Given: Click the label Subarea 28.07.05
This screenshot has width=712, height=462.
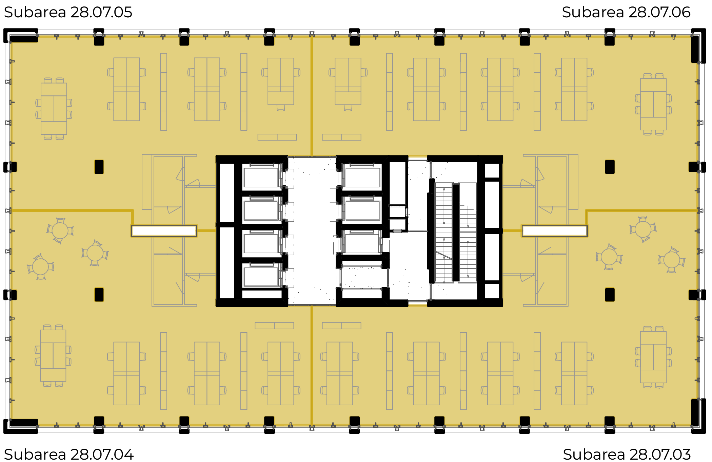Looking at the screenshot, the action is pos(68,13).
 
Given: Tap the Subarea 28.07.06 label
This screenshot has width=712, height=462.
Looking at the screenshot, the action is pos(626,13).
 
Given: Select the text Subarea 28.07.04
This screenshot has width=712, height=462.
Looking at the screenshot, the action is pos(68,454).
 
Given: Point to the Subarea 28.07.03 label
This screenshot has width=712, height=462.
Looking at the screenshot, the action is pos(627,454).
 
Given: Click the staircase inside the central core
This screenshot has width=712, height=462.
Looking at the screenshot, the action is pos(456,233).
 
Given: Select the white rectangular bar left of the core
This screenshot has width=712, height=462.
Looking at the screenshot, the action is pos(164,231).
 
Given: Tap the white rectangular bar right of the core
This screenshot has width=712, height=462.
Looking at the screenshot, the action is pos(555,231).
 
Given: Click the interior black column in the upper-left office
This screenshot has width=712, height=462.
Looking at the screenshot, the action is pos(99,167).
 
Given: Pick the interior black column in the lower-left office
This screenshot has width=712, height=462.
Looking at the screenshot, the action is pos(99,295).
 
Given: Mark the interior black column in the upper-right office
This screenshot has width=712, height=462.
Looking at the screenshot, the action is pos(610,167).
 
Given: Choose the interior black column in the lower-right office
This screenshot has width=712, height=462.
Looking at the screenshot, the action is pos(610,295).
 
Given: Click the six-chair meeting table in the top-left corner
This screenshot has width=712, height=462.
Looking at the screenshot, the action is pos(54,109).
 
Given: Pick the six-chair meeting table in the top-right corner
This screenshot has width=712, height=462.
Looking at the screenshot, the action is pos(653,104).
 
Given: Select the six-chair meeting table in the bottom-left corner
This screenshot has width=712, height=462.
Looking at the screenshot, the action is pos(53,356).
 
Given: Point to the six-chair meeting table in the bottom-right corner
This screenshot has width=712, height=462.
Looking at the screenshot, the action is pos(653,357).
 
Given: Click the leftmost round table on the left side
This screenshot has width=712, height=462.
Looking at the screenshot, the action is pos(41,266).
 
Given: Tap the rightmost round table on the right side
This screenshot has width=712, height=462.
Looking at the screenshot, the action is pos(672,260).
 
